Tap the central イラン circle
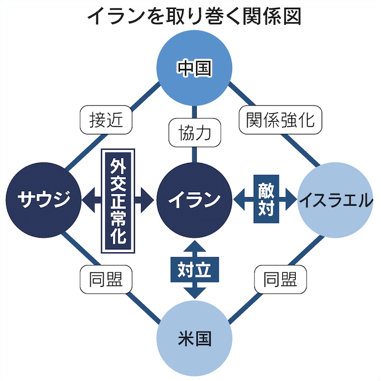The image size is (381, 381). coord(194,198)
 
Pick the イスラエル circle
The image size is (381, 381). coord(336,199)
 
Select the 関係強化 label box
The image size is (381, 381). coord(280,119)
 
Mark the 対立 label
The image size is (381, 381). coord(194,270)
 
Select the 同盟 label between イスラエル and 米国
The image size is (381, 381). coord(281,278)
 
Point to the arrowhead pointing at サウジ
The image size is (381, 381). coord(89,198)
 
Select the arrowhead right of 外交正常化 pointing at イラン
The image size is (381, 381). coord(148,198)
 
